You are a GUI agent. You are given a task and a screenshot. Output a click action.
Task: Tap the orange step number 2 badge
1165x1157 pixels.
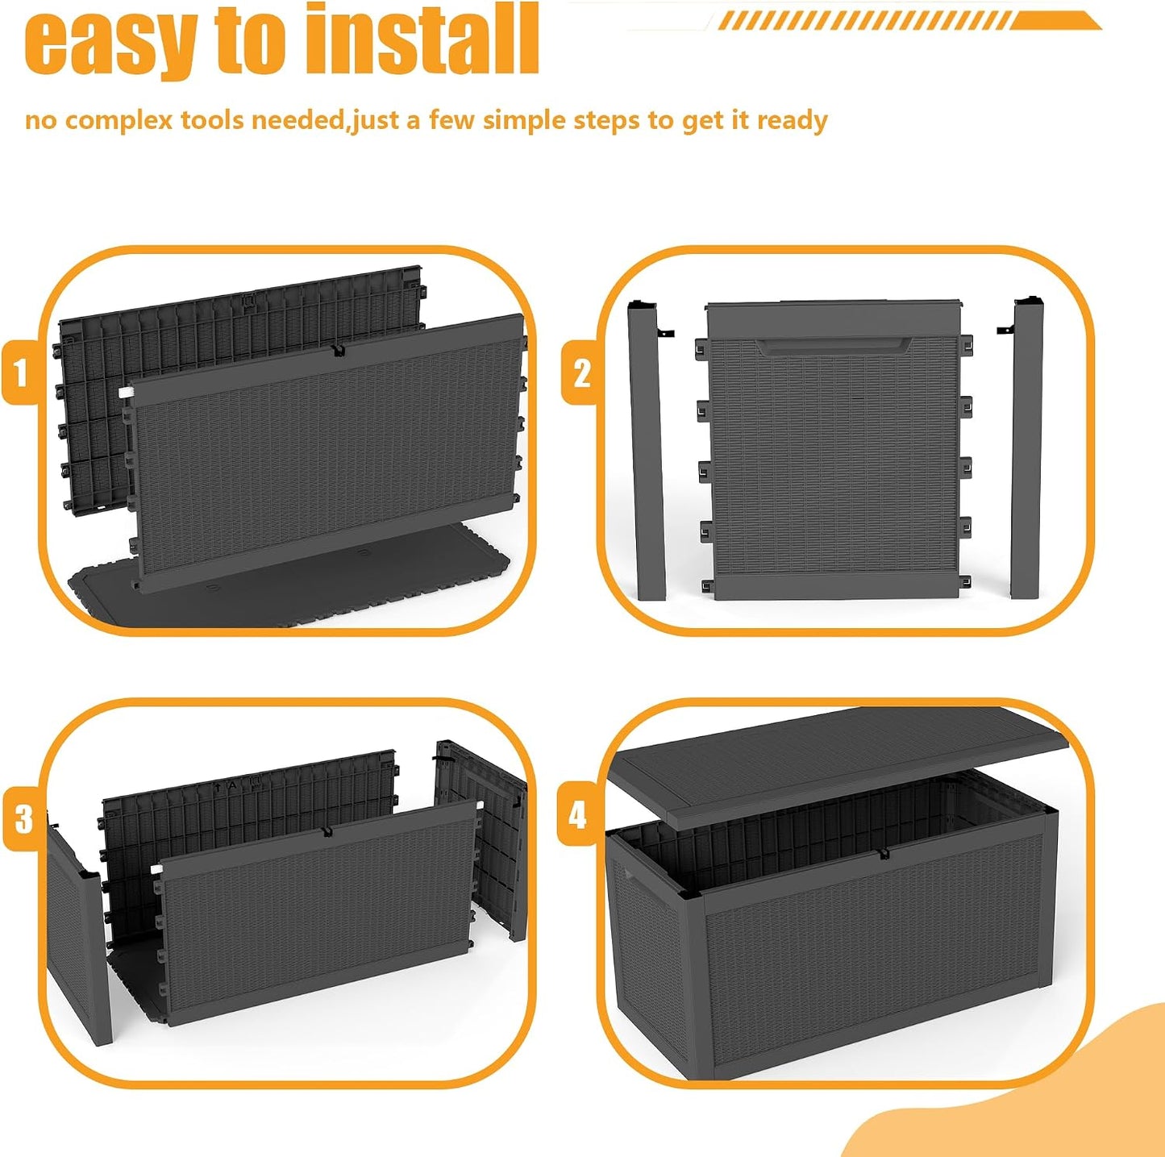click(x=580, y=372)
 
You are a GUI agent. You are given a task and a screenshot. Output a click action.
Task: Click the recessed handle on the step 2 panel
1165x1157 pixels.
click(x=834, y=347)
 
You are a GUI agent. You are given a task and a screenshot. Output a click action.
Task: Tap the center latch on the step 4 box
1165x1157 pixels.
click(x=884, y=853)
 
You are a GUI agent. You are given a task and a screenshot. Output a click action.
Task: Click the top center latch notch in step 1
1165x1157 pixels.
click(x=337, y=350)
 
